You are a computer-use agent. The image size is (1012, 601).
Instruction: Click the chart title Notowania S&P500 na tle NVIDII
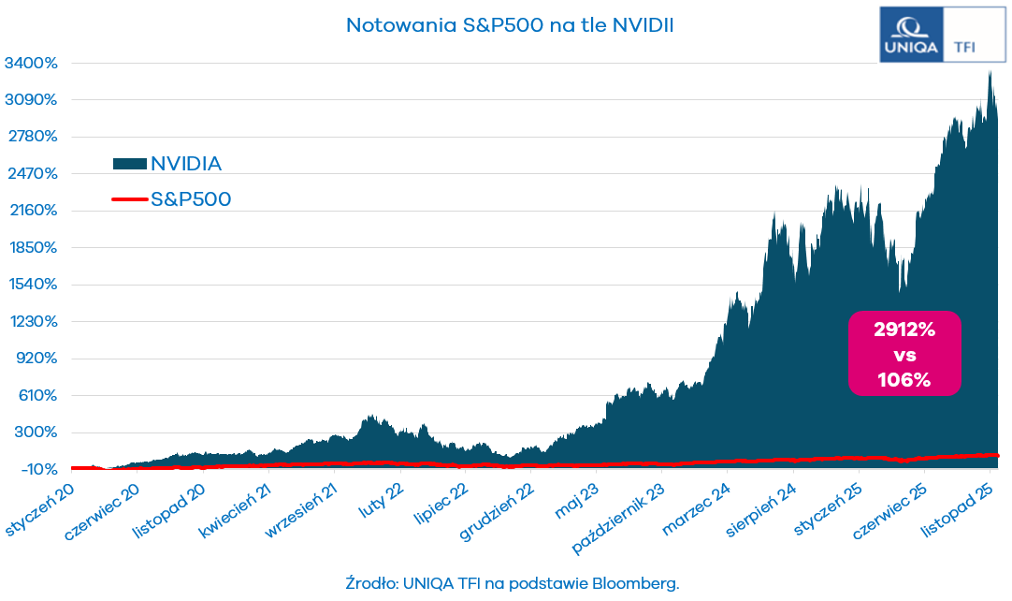[x=510, y=25]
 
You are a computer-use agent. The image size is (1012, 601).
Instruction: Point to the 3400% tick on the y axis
[x=32, y=64]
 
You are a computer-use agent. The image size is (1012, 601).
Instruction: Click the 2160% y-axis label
[x=32, y=211]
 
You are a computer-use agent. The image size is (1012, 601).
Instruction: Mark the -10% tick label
[x=36, y=469]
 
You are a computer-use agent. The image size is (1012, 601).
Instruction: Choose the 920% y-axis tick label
[x=36, y=359]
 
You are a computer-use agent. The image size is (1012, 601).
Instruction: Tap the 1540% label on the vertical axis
[x=32, y=285]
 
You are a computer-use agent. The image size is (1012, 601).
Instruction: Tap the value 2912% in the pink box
[x=904, y=330]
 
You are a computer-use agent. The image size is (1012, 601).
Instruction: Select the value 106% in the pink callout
[x=904, y=380]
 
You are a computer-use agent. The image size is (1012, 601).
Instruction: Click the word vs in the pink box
[x=904, y=355]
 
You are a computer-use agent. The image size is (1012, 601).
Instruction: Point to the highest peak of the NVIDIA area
[x=990, y=71]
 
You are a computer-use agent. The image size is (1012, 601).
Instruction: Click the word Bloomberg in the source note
[x=634, y=582]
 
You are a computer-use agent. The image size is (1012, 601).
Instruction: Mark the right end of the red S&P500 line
[x=997, y=455]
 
